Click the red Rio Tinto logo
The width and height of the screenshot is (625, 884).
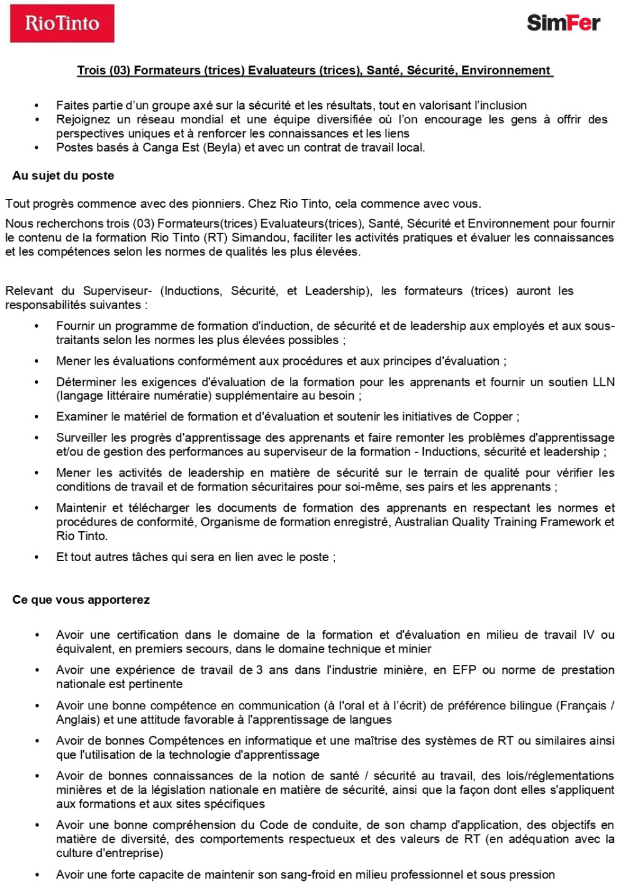[x=62, y=24]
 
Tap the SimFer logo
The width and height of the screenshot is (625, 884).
[x=563, y=23]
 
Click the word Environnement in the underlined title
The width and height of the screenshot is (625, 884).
[x=506, y=70]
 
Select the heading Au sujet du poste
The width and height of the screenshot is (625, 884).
[x=63, y=176]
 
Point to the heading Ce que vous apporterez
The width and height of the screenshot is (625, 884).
[x=81, y=600]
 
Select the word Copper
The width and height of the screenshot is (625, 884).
[x=492, y=417]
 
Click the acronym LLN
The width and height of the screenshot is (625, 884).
[x=603, y=382]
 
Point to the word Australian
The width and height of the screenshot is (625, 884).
[x=421, y=522]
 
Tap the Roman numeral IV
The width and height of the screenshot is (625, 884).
[x=588, y=635]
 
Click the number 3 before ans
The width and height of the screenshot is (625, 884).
[x=259, y=670]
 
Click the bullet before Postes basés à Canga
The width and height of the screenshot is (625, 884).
[x=37, y=148]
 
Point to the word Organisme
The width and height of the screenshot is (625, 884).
[x=227, y=522]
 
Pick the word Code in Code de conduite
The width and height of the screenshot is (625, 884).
[x=274, y=825]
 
